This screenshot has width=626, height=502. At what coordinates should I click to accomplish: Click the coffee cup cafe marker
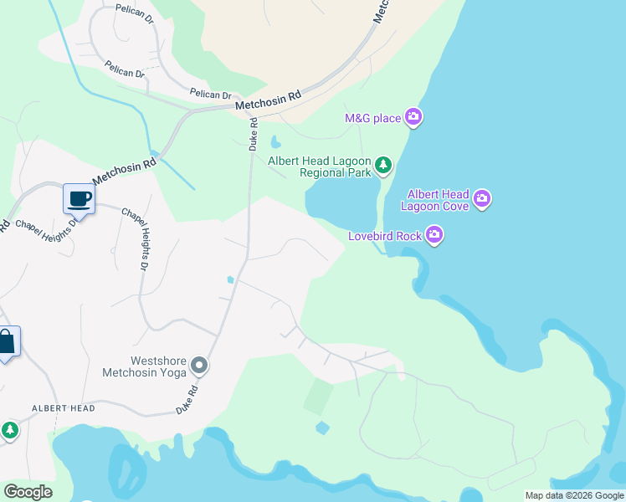[x=79, y=199]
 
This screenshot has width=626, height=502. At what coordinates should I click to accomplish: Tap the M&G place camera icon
[x=413, y=117]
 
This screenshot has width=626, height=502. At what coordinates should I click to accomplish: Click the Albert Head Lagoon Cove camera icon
[x=482, y=199]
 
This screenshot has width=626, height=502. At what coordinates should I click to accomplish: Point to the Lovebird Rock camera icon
[x=434, y=236]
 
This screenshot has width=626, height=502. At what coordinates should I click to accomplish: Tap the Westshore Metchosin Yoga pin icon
[x=199, y=366]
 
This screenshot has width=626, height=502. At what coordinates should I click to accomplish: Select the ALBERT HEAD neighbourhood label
[x=64, y=408]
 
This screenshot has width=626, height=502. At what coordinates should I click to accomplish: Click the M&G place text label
[x=373, y=118]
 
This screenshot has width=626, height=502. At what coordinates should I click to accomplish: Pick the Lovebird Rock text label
[x=385, y=237]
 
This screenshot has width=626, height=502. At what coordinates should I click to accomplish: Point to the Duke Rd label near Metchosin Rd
[x=254, y=135]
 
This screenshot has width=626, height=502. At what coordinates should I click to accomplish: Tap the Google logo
[x=28, y=492]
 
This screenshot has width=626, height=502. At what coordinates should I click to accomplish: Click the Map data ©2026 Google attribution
[x=574, y=495]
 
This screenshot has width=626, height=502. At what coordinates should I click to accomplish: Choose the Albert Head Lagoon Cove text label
[x=434, y=199]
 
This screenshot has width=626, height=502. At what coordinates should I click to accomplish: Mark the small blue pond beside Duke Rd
[x=230, y=279]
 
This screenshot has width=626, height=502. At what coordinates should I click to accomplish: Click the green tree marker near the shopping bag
[x=9, y=430]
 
